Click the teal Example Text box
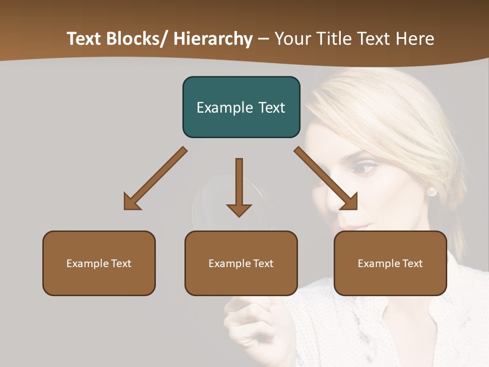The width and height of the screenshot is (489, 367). [x=241, y=107]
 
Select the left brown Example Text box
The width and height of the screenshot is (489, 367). [x=99, y=263]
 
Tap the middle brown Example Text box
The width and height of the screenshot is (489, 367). [x=241, y=263]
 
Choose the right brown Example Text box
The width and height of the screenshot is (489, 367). [x=390, y=263]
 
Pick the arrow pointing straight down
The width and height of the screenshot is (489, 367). [x=239, y=186]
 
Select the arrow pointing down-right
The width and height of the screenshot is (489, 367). [x=326, y=178]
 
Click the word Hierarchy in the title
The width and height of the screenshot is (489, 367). [x=213, y=39]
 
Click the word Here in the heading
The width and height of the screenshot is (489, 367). [x=415, y=39]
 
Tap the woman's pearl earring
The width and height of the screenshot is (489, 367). [x=431, y=192]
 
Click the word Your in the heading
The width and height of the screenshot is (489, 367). [x=293, y=39]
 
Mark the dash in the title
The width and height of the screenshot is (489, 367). [x=263, y=39]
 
